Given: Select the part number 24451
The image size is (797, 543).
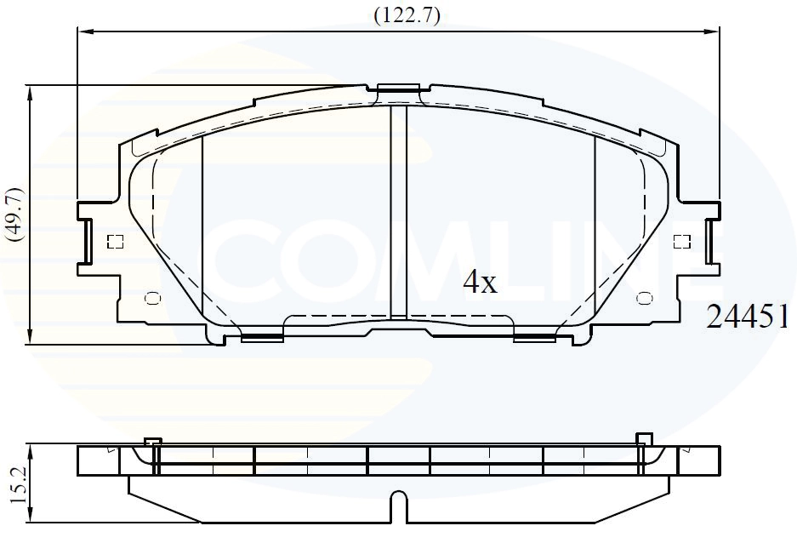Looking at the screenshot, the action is point(748,317).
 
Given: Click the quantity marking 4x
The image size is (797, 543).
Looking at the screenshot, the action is point(480,283).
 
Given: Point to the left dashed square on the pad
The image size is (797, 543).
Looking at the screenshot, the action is point(116,242).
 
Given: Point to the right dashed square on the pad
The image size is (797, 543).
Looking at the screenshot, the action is point(681,242).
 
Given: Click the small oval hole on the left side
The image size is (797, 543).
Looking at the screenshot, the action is point(152,298).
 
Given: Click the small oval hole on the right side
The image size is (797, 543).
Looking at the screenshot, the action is point(645,298).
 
